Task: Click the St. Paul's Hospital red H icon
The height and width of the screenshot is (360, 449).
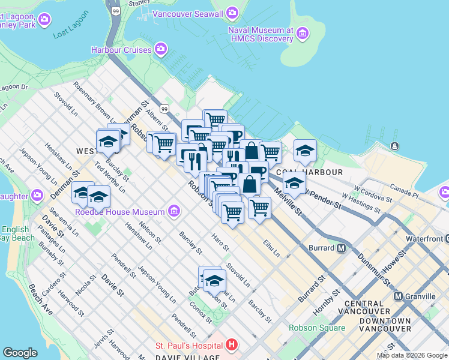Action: (x=232, y=345)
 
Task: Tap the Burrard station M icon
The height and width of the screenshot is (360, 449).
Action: (x=342, y=247)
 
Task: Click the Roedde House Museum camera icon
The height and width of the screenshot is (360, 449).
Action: (x=174, y=211)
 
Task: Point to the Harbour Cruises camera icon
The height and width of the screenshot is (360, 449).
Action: (x=160, y=49)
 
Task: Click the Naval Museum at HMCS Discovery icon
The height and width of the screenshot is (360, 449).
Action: (x=303, y=34)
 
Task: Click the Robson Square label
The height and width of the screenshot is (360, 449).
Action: (x=317, y=328)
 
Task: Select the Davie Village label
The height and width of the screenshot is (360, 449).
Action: (x=187, y=358)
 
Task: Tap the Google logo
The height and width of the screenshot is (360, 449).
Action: (x=20, y=353)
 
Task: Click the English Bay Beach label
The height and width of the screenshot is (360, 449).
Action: (x=15, y=233)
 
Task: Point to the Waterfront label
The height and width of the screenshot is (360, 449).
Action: (x=425, y=238)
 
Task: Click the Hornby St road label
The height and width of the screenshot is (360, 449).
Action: (x=322, y=304)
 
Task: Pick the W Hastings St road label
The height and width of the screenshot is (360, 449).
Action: (x=360, y=203)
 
